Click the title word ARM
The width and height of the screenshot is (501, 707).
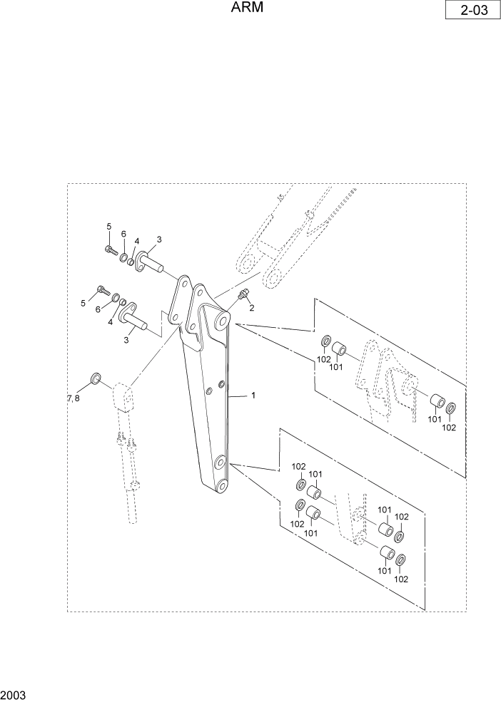point(248,9)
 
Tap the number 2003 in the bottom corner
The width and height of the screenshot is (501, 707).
point(14,694)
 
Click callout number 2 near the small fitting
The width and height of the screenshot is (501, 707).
point(251,308)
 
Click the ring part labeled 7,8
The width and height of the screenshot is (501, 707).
point(96,377)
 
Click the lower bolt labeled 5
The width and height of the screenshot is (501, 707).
point(103,291)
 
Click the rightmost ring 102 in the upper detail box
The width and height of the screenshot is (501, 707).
point(450,409)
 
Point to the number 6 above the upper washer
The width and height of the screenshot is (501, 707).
point(123,234)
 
